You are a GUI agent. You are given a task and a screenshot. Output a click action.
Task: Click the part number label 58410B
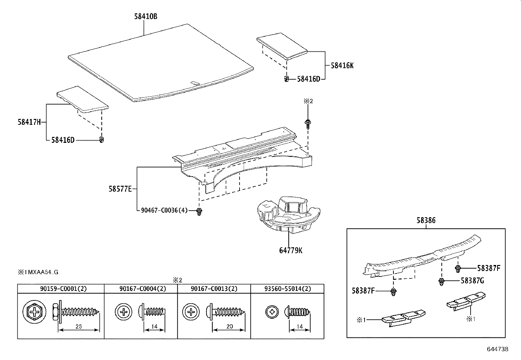pyautogui.click(x=145, y=16)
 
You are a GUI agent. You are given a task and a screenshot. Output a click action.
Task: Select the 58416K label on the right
pyautogui.click(x=342, y=66)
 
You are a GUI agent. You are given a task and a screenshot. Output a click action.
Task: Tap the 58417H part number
pyautogui.click(x=29, y=122)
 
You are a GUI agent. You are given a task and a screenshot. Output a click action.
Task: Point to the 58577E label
pyautogui.click(x=120, y=189)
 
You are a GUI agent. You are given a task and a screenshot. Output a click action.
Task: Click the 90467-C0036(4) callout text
pyautogui.click(x=164, y=210)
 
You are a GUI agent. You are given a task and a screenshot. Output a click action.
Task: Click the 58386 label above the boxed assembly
pyautogui.click(x=426, y=220)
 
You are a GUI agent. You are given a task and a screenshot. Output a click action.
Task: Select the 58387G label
pyautogui.click(x=472, y=281)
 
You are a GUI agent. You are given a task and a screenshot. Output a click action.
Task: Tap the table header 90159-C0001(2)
pyautogui.click(x=61, y=289)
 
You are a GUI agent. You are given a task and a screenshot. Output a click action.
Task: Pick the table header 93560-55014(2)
pyautogui.click(x=287, y=289)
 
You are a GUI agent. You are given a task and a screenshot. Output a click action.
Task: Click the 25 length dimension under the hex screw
pyautogui.click(x=78, y=326)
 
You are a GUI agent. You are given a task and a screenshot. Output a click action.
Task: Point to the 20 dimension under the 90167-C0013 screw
pyautogui.click(x=229, y=326)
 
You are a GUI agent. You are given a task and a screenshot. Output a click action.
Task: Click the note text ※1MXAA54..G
pyautogui.click(x=38, y=272)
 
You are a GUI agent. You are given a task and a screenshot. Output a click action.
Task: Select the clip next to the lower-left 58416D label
pyautogui.click(x=102, y=140)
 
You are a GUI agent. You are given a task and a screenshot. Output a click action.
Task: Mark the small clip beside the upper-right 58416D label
pyautogui.click(x=286, y=79)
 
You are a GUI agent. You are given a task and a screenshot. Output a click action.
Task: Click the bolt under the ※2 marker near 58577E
pyautogui.click(x=307, y=123)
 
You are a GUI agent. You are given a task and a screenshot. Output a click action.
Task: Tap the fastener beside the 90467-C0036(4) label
pyautogui.click(x=198, y=212)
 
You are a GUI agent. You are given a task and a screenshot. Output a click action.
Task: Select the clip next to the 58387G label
pyautogui.click(x=441, y=281)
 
